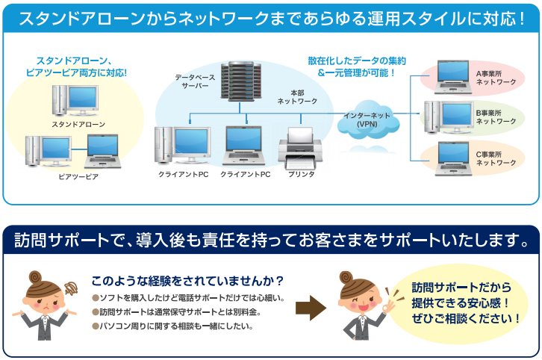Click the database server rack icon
tap(240, 81)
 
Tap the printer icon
tap(300, 148)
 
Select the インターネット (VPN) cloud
tap(368, 120)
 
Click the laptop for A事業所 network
tap(453, 77)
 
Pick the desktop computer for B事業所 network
tap(449, 117)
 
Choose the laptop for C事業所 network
tap(453, 158)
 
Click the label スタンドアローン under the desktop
tap(78, 124)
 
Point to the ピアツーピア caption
tap(78, 176)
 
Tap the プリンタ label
tap(302, 174)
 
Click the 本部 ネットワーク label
tap(297, 97)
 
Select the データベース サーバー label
tap(195, 81)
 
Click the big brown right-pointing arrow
tap(311, 308)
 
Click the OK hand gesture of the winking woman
tap(391, 306)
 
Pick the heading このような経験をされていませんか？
tap(187, 281)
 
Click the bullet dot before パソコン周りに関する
tap(96, 326)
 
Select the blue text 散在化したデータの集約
tap(357, 60)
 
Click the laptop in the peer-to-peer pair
tap(103, 151)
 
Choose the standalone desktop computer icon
tap(75, 100)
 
